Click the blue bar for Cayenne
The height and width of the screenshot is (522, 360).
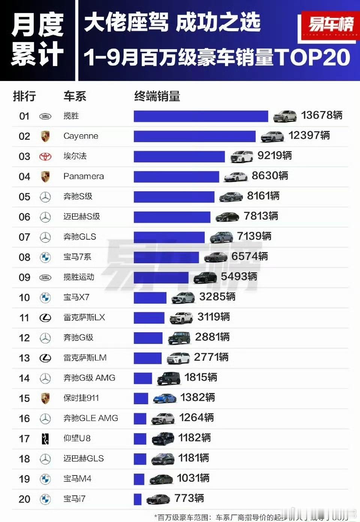194,136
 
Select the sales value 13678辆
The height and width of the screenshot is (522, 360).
322,115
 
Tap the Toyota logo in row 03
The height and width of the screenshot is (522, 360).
45,156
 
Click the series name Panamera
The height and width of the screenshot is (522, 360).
84,176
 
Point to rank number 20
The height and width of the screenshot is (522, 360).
24,499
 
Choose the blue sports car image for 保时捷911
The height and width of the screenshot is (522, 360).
165,398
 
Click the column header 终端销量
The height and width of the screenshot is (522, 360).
157,96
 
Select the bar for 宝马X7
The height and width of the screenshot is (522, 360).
150,298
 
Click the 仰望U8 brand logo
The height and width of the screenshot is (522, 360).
45,438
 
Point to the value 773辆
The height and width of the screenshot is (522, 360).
189,498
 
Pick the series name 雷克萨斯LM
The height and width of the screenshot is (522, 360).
85,358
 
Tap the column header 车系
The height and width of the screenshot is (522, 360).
75,96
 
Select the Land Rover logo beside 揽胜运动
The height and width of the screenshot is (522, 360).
45,277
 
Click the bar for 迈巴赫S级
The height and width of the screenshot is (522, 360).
172,217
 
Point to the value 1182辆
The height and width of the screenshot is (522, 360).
194,438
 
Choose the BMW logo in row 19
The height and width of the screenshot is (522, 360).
45,479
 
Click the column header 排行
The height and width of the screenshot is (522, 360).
24,96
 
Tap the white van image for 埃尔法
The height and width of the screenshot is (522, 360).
241,157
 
